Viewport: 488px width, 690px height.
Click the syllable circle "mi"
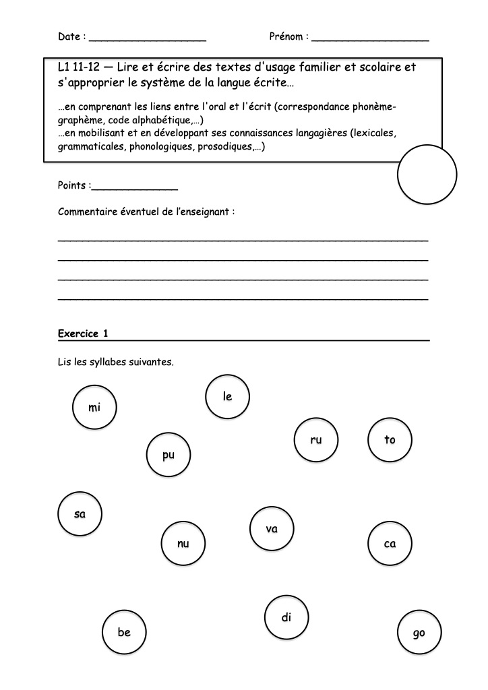coord(94,408)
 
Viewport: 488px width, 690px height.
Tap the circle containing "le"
coord(228,396)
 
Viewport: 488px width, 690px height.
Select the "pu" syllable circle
coord(169,455)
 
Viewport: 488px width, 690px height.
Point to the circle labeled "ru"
coord(316,440)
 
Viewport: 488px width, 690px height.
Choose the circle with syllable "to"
coord(390,440)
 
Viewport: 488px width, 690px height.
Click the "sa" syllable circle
coord(80,514)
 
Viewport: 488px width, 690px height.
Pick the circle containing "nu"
coord(183,543)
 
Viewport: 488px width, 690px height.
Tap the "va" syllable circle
coord(272,529)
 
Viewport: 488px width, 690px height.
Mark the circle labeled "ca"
coord(390,543)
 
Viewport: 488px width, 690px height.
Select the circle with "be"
coord(124,632)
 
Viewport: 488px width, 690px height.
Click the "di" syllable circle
coord(286,617)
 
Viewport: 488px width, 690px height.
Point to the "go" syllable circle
coord(419,633)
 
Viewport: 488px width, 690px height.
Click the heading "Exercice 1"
coord(83,334)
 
